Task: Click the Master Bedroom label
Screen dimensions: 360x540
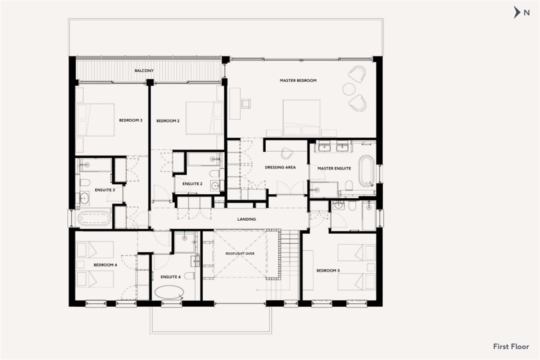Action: pos(298,81)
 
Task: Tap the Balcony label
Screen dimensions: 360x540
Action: pos(144,71)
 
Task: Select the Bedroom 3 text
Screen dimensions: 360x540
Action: pos(131,120)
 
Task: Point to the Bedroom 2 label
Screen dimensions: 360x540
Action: pos(168,121)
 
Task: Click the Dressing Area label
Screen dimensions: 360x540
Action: pos(280,167)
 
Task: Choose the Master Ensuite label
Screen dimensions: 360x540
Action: pos(334,168)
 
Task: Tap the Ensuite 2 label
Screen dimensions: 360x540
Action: pos(192,184)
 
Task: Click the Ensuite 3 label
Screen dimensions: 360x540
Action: pos(105,190)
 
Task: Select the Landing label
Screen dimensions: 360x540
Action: pos(247,219)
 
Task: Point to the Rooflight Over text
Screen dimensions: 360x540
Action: pos(240,254)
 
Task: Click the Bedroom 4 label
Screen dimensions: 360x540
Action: pos(105,265)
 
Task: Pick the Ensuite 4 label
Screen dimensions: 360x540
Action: pos(170,277)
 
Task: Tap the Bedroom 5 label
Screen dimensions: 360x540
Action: pos(328,271)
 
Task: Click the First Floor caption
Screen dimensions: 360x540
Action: pos(511,347)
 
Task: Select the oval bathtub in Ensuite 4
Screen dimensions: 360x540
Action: pos(168,292)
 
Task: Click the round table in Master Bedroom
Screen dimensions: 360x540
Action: pos(349,89)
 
